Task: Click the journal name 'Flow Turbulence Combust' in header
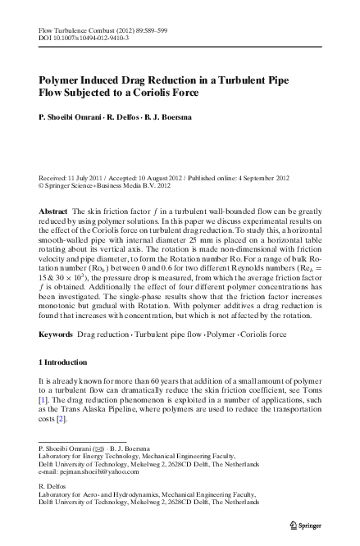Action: (75, 29)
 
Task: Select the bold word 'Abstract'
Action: (53, 212)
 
